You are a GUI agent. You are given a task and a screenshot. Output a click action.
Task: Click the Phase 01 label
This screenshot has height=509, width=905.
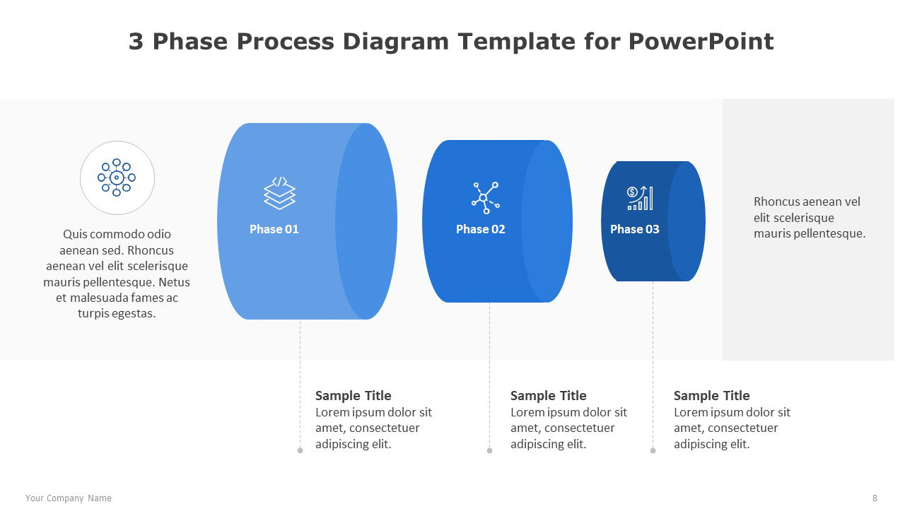[274, 229]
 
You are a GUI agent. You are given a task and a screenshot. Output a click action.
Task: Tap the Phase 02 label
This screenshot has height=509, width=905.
[480, 229]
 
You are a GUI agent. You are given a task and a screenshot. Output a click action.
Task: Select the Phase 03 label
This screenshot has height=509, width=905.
[635, 229]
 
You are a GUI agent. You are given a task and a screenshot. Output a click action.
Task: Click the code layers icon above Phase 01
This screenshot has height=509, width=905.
[279, 193]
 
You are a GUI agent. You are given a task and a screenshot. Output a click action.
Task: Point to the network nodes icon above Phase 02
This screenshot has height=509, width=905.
[486, 197]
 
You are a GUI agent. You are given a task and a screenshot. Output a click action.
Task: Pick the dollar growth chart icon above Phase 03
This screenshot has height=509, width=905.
[640, 198]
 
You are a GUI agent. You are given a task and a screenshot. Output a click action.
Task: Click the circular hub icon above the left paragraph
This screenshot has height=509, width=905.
[117, 177]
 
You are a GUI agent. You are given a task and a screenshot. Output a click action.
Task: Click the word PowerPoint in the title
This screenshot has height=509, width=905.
[701, 41]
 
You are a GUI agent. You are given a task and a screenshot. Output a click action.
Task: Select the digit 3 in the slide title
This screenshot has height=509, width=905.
[136, 41]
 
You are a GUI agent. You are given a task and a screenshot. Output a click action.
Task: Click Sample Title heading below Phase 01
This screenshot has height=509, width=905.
[353, 395]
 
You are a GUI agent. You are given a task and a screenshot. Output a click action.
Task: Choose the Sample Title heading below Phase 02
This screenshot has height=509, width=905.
[548, 395]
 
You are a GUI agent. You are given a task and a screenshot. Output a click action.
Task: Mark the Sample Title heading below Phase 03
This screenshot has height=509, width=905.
[711, 395]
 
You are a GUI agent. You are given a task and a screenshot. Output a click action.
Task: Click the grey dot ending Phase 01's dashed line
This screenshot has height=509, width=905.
[300, 450]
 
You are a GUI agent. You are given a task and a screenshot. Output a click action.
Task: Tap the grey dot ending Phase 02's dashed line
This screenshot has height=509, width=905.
[490, 450]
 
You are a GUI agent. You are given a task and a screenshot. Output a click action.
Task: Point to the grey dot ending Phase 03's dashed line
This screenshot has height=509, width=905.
[653, 450]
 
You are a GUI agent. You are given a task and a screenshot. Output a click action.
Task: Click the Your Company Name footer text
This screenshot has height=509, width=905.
[69, 498]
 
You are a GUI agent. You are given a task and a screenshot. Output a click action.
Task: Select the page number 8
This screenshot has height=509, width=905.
[875, 498]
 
